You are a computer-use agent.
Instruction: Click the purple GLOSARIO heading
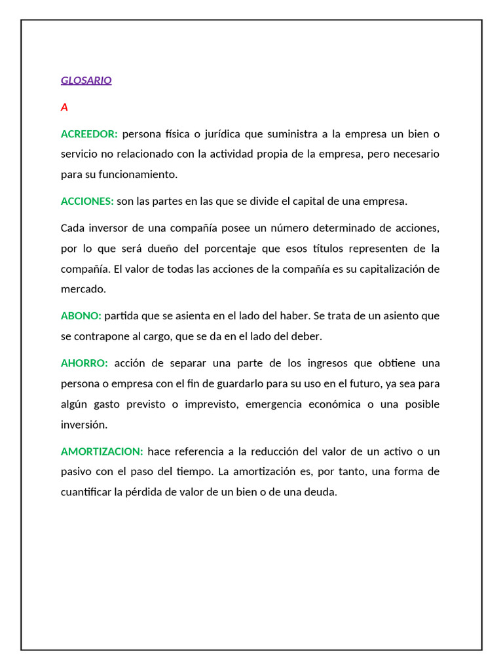point(86,80)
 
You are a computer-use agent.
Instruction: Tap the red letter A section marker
point(64,107)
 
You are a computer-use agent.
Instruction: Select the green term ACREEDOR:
point(89,134)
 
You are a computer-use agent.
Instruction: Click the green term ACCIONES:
point(87,201)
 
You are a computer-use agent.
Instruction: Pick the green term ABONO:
point(81,316)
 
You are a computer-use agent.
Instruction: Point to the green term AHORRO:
point(84,363)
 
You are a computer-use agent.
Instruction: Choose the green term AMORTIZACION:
point(102,451)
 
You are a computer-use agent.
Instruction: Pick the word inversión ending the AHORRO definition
point(84,425)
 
